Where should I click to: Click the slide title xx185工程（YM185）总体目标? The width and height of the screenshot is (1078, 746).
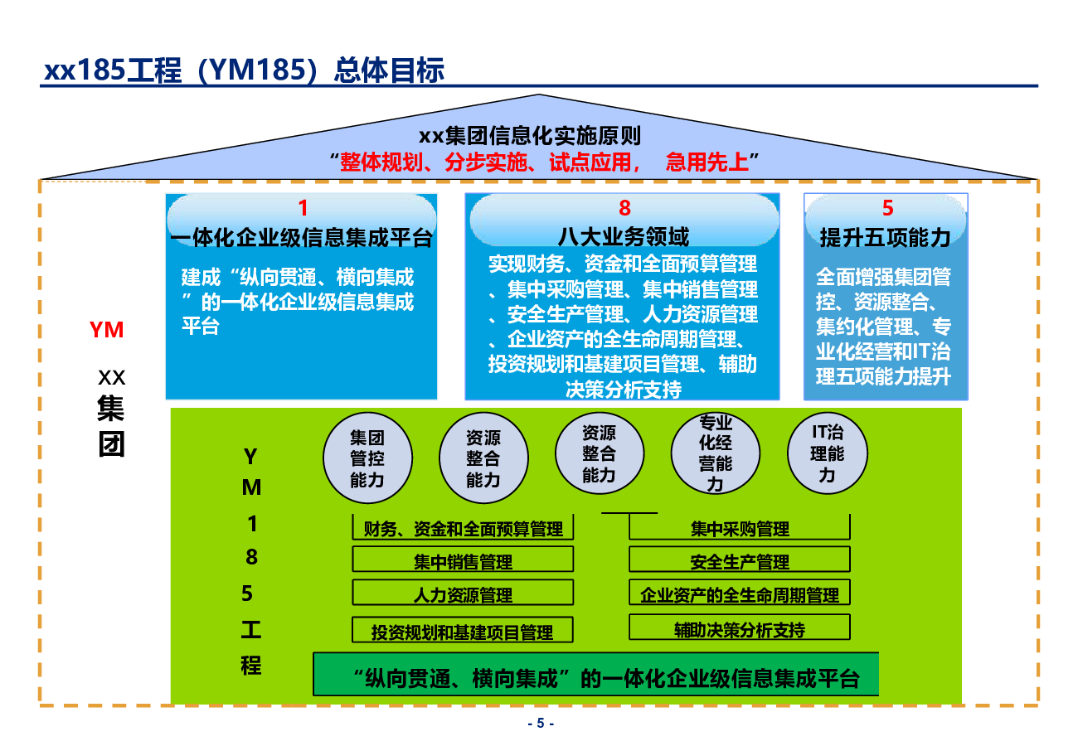(x=244, y=70)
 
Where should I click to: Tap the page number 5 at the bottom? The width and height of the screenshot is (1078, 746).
(x=540, y=723)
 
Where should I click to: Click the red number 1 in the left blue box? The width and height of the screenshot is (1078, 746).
(x=303, y=208)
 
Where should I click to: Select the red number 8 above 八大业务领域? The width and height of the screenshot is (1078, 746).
(x=624, y=208)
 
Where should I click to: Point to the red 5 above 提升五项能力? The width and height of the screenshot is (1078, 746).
(x=887, y=209)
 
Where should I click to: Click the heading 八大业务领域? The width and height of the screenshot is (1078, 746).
(x=624, y=238)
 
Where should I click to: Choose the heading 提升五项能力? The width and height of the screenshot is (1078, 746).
(x=885, y=239)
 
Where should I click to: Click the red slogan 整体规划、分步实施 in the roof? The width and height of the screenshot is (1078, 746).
(x=550, y=162)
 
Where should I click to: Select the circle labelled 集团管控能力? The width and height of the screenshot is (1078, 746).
(x=367, y=458)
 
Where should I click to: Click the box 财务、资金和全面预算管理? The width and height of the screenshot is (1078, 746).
(x=463, y=528)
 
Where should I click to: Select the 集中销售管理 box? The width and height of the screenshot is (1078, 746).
(x=463, y=561)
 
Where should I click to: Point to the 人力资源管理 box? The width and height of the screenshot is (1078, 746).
(x=463, y=594)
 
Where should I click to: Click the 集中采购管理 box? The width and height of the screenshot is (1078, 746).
(x=740, y=528)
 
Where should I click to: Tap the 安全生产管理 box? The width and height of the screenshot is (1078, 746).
(x=740, y=561)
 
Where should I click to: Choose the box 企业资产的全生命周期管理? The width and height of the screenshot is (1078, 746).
(x=740, y=594)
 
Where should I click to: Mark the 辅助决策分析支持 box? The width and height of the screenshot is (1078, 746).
(x=740, y=629)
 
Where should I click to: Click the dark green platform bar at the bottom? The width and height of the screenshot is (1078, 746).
(x=595, y=678)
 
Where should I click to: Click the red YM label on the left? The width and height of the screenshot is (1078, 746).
(x=107, y=330)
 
